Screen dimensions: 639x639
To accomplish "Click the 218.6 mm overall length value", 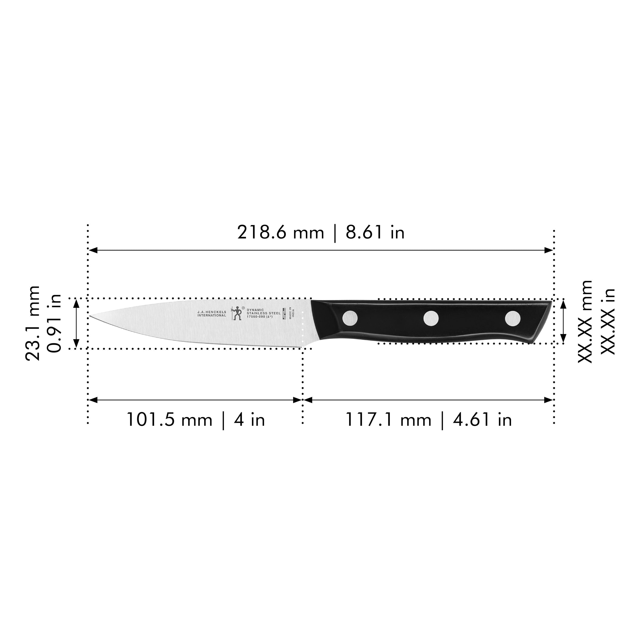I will tap(281, 233).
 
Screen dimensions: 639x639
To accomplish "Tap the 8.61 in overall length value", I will tap(375, 233).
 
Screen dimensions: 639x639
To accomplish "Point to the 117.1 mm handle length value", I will tap(388, 420).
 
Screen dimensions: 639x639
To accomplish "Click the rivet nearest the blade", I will tap(350, 318).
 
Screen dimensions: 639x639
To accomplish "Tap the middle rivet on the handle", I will tap(431, 318).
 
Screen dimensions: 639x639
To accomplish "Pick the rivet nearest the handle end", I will tap(512, 318).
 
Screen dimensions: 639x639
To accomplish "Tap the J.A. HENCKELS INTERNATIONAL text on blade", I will tap(212, 314).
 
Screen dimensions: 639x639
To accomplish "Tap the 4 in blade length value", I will tap(249, 420).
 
